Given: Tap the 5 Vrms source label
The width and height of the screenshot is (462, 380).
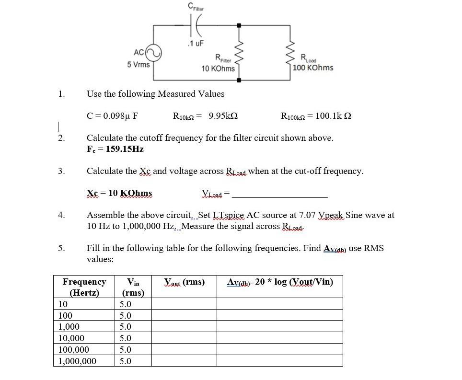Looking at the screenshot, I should point(139,64).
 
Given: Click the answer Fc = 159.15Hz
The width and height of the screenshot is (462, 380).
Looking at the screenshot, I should point(115,149).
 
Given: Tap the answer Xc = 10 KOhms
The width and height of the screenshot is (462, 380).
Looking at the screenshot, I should point(119,193).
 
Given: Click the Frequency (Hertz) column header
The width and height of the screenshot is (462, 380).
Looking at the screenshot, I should point(84,287).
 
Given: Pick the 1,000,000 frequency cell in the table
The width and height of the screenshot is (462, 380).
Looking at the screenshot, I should point(77,361).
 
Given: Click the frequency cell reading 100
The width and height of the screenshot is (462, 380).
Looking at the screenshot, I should point(65,315).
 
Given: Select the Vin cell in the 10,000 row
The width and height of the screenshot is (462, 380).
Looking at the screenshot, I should point(125,338).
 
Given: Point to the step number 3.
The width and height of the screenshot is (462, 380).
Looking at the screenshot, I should point(61,171).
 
